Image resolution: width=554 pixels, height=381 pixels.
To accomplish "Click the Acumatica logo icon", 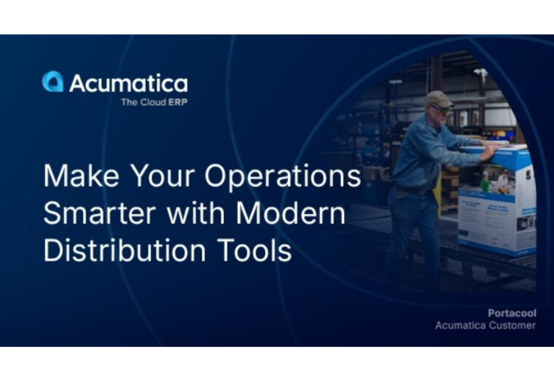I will (53, 82).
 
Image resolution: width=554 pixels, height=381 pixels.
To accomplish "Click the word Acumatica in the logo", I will (128, 83).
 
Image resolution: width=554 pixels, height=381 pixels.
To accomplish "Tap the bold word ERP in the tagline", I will (178, 102).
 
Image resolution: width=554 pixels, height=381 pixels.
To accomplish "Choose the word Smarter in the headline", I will (99, 214).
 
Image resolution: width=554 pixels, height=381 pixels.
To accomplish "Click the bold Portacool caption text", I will (512, 313).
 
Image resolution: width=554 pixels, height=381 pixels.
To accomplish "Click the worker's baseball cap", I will (438, 98).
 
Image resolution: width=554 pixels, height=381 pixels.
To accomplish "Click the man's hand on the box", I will (489, 151).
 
